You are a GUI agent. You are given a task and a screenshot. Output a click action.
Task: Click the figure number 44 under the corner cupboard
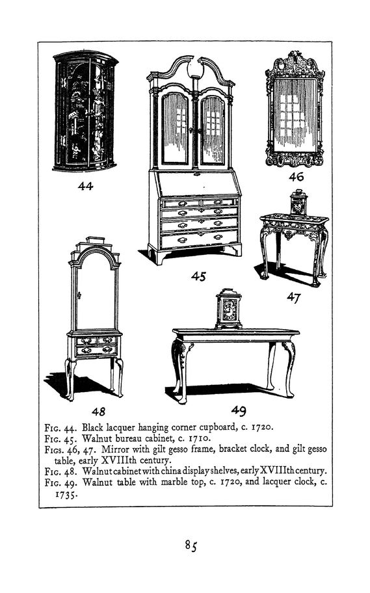pos(85,186)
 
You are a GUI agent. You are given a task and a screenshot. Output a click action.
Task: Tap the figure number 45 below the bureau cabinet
pos(198,276)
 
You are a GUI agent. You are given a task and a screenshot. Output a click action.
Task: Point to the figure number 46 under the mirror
pos(297,177)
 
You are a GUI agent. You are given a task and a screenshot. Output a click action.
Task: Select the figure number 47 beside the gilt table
pos(293,297)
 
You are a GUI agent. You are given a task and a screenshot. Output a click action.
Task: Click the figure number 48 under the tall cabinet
pos(98,411)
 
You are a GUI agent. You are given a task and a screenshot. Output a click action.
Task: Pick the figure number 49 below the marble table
pos(239,410)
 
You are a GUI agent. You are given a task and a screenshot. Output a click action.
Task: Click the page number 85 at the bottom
pos(191,546)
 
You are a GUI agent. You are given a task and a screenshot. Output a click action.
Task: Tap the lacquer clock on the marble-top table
pos(228,309)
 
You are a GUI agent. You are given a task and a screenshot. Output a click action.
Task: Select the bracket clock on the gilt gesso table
pos(298,203)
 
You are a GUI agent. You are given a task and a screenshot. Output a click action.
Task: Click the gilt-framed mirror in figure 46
pos(295,109)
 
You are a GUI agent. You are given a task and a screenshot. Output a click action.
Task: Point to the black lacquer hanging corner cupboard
pos(85,111)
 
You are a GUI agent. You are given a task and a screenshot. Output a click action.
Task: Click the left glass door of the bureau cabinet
pos(174,128)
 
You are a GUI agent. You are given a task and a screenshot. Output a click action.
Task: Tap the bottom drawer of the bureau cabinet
pos(200,239)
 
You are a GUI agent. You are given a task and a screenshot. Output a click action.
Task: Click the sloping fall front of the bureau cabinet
pos(198,184)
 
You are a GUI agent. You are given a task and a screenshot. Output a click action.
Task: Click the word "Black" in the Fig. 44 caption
pos(93,428)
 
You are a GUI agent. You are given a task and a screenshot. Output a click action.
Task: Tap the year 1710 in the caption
pos(200,439)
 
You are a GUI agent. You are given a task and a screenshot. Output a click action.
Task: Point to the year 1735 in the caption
pos(66,495)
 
